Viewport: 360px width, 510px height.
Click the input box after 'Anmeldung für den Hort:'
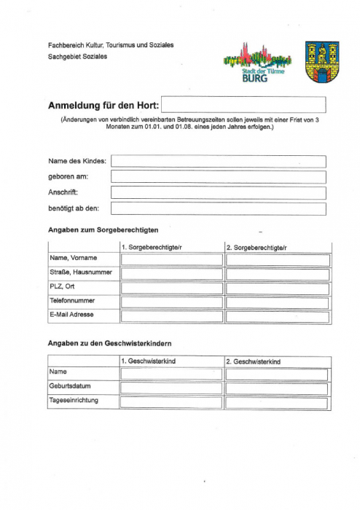[243, 105]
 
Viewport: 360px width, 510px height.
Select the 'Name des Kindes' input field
[217, 161]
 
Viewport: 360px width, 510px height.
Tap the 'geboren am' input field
[217, 176]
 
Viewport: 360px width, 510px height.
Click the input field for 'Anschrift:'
[217, 192]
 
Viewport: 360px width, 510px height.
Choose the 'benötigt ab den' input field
[217, 208]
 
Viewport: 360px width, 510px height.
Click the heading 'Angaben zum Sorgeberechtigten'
[103, 230]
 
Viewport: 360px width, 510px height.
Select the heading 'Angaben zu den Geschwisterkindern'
[109, 342]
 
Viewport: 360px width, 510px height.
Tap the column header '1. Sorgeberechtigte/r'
[152, 248]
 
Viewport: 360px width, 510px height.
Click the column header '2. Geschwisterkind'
[254, 361]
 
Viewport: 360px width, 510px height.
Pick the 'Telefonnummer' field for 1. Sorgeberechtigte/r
[171, 302]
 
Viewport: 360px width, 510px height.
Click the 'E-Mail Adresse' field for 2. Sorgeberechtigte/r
[277, 316]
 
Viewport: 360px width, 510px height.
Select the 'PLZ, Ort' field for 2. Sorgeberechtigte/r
[277, 288]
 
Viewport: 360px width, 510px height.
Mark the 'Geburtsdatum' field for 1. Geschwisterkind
[171, 388]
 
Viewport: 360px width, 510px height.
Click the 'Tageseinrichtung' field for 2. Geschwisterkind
[277, 401]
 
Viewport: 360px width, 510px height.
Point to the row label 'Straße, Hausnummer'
[79, 272]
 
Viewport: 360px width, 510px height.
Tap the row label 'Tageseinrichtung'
[74, 400]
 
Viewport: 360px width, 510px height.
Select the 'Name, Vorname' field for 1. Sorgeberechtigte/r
[171, 260]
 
